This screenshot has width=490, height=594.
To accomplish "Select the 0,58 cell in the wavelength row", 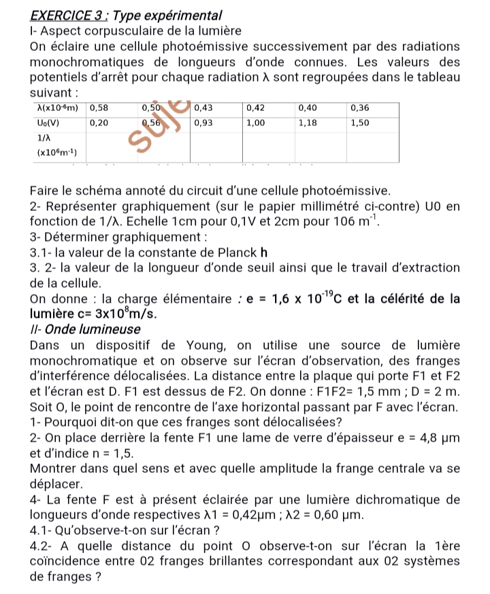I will (x=100, y=108).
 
